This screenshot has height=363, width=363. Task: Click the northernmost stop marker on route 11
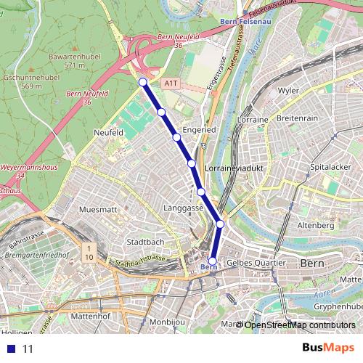click(143, 82)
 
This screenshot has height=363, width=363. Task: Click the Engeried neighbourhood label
click(199, 129)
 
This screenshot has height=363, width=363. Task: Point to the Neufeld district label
click(109, 133)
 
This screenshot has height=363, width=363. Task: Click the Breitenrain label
click(298, 118)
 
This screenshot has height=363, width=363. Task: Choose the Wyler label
click(288, 91)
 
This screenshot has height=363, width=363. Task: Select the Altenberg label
click(316, 226)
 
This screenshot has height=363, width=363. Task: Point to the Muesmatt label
click(97, 209)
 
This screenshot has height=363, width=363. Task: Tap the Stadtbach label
click(145, 242)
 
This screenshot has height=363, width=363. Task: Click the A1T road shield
click(171, 83)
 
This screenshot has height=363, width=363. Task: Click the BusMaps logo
click(328, 348)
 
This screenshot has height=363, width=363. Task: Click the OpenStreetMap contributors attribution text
click(299, 325)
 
